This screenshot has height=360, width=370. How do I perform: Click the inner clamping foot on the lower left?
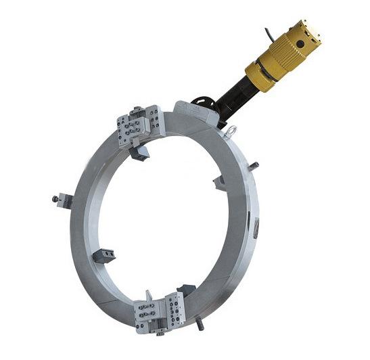105,255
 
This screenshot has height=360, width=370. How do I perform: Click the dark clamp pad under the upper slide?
140,154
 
